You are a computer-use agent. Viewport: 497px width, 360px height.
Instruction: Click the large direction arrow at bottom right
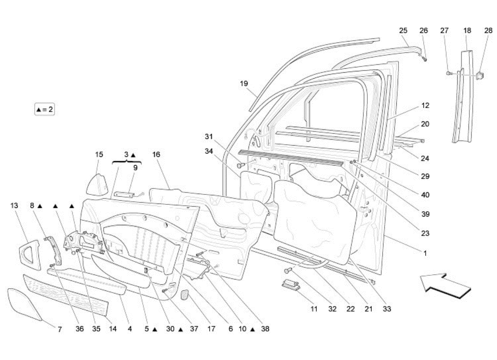tap(445, 286)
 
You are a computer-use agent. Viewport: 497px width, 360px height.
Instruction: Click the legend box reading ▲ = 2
tap(44, 109)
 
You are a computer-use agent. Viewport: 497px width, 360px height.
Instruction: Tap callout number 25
tap(403, 30)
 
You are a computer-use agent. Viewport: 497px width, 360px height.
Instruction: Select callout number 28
tap(488, 30)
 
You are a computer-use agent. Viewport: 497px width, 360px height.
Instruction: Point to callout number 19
tap(244, 83)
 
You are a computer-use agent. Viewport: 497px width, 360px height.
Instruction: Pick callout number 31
tap(209, 137)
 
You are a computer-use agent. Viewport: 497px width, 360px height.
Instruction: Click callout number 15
tap(99, 155)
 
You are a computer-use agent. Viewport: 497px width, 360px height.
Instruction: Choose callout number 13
tap(14, 205)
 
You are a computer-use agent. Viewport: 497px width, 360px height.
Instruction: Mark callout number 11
tap(314, 309)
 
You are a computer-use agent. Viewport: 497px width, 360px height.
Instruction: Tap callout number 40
tap(425, 195)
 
